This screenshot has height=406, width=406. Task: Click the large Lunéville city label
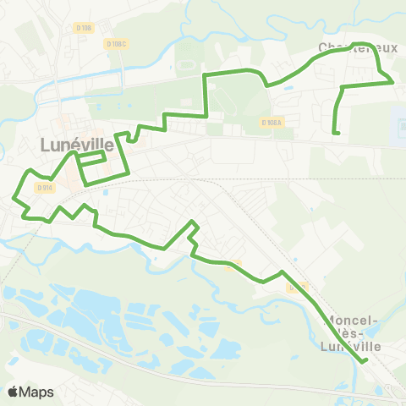pyautogui.click(x=76, y=144)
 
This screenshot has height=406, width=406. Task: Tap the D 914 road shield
pyautogui.click(x=43, y=187)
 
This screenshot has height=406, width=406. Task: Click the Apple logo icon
pyautogui.click(x=14, y=392)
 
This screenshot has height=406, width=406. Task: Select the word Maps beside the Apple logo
pyautogui.click(x=37, y=392)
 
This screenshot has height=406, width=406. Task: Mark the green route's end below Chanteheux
pyautogui.click(x=337, y=133)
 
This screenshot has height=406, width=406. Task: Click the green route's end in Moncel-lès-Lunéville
pyautogui.click(x=365, y=361)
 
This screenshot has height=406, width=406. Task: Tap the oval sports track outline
pyautogui.click(x=184, y=64)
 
